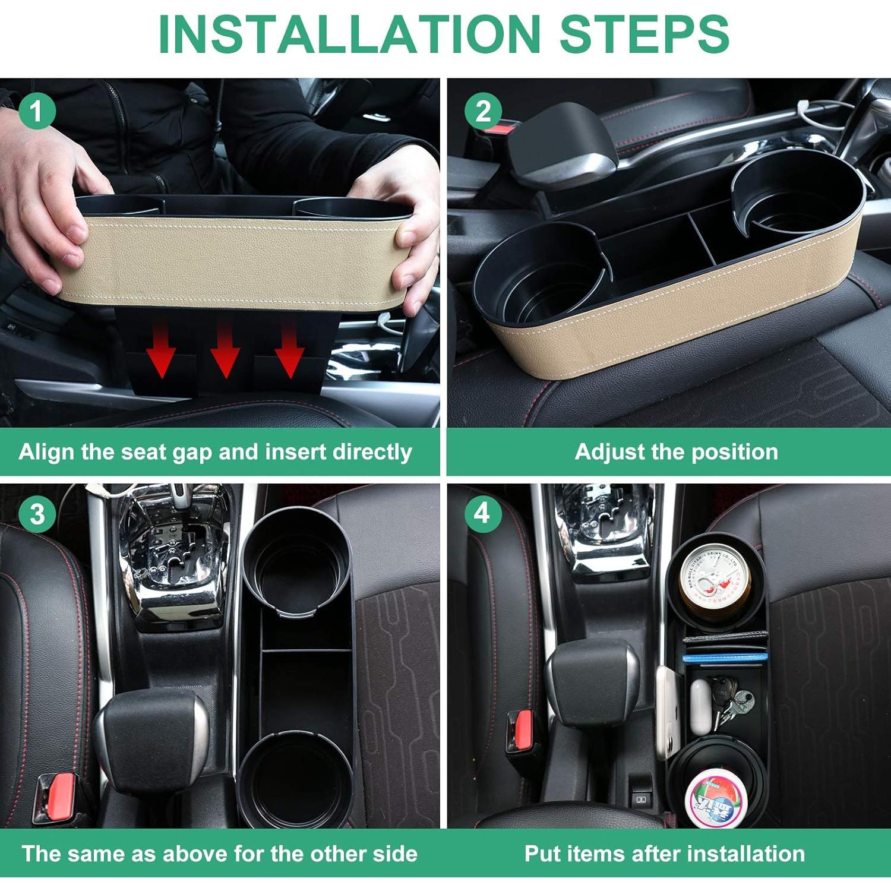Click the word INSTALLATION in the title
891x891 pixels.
pyautogui.click(x=349, y=34)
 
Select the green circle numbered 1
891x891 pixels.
pyautogui.click(x=37, y=111)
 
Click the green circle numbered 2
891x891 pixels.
pyautogui.click(x=483, y=111)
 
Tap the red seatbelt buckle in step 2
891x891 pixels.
pyautogui.click(x=506, y=126)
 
